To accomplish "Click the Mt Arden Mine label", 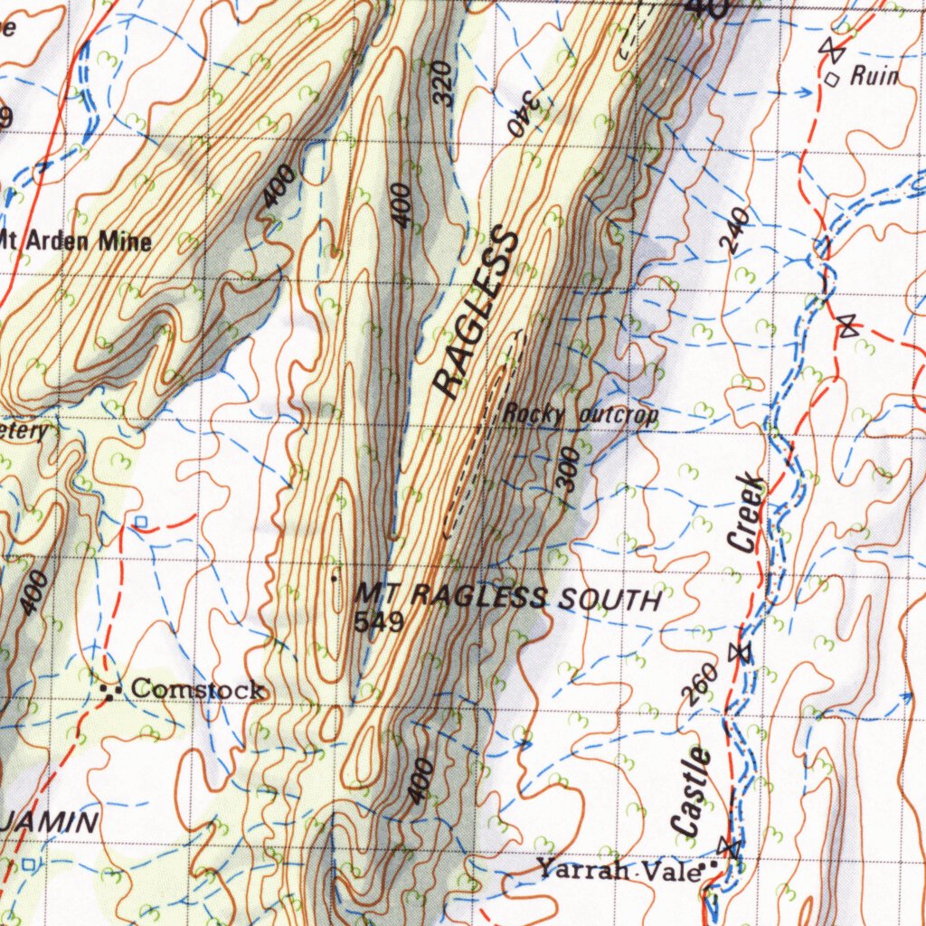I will tap(77, 241).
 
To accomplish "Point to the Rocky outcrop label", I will tap(580, 415).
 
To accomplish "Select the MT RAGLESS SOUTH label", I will tap(507, 597).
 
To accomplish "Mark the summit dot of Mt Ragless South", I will tap(335, 576).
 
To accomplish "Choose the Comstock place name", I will tap(198, 690).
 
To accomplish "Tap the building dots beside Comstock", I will tap(112, 693).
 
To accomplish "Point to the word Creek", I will tap(747, 512).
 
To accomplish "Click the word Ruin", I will tap(874, 76).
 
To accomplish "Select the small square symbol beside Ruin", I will tap(833, 79).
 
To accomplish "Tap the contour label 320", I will tap(442, 84).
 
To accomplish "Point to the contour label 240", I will tap(735, 229).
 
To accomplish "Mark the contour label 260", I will tap(701, 684).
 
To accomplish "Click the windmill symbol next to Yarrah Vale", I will tap(729, 847).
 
